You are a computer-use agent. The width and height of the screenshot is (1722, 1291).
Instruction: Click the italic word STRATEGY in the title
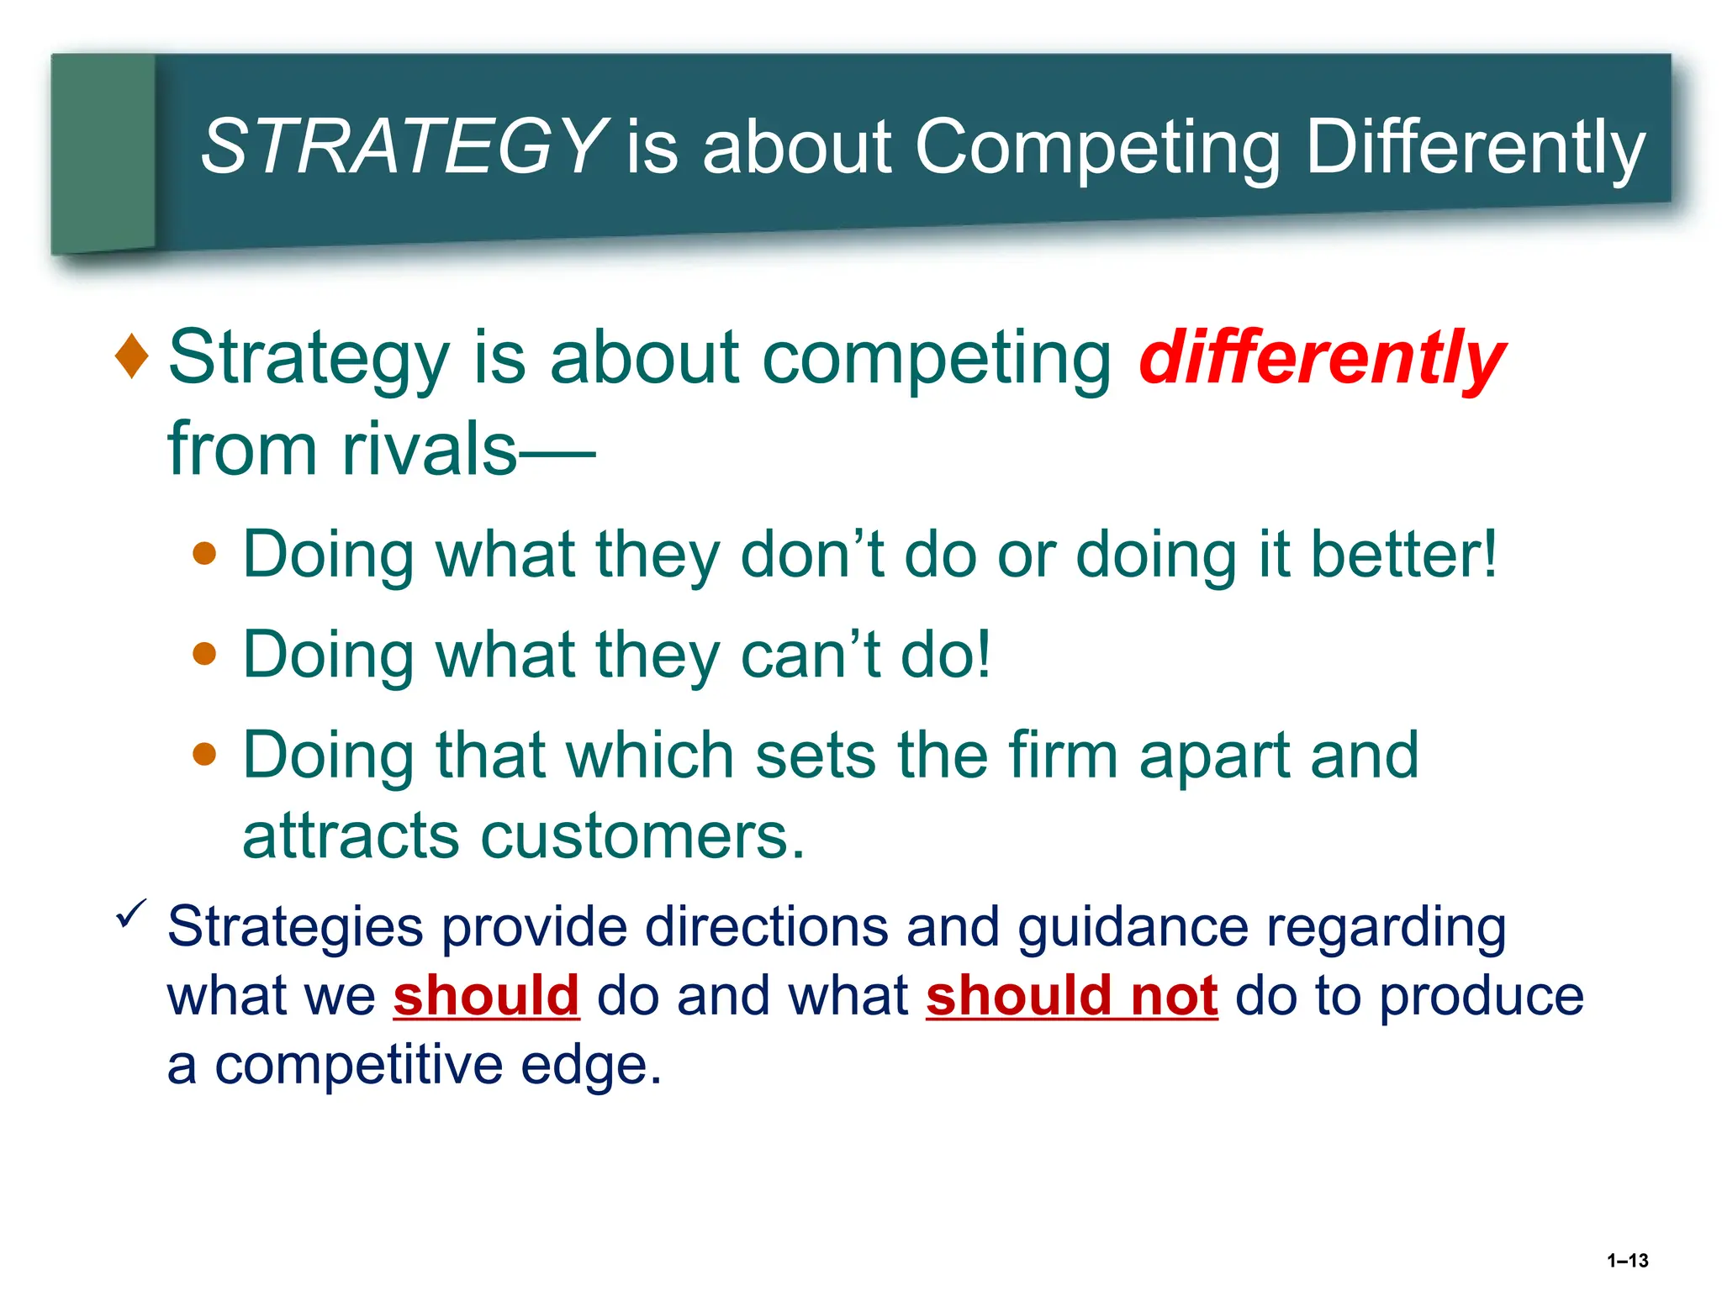point(404,147)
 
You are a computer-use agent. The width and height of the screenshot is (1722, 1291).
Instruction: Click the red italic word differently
point(1321,360)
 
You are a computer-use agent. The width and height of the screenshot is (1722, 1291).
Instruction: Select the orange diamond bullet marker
point(132,356)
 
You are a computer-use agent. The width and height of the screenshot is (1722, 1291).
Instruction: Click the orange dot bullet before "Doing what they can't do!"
point(204,654)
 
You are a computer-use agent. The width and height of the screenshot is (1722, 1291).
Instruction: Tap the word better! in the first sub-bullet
point(1404,555)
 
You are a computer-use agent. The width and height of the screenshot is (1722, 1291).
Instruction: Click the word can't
point(811,655)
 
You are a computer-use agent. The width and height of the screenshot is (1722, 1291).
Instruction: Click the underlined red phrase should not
point(1071,996)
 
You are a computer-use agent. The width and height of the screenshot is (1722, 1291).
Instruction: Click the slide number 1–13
point(1627,1261)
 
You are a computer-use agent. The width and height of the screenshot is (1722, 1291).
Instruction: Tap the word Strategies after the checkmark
point(294,928)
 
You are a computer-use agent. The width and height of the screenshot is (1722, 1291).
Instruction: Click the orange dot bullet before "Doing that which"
point(204,754)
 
